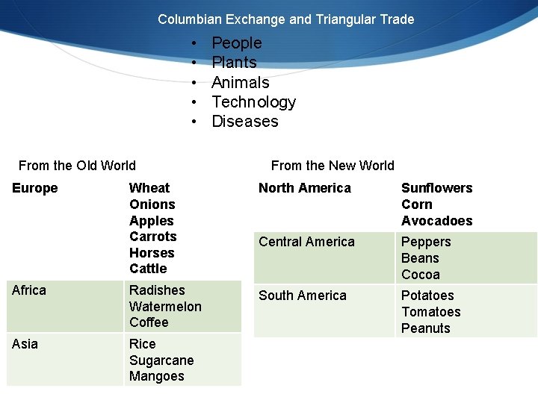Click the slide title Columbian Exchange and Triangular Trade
(285, 19)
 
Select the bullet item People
(237, 43)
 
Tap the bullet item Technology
(254, 102)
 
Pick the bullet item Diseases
(245, 122)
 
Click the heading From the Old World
(77, 166)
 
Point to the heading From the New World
(333, 166)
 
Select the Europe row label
(35, 188)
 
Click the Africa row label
(29, 290)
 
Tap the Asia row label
(25, 344)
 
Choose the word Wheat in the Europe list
(149, 188)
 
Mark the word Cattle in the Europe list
(148, 269)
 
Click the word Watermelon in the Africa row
(165, 307)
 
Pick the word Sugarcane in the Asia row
(161, 360)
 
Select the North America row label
(304, 188)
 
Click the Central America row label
(306, 242)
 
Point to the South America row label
(302, 296)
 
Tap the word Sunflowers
(436, 188)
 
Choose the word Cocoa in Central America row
(421, 275)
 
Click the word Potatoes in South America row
(427, 296)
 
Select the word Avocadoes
(436, 221)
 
